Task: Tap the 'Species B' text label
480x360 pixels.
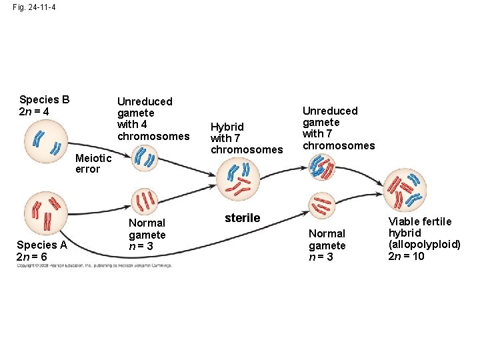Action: point(45,100)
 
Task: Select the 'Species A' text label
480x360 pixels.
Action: point(42,245)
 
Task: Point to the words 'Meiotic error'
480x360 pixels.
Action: point(93,163)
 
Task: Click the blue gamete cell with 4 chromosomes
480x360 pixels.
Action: point(144,159)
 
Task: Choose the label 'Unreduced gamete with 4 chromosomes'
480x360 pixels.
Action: point(153,119)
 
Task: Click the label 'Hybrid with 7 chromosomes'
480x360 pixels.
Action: point(246,138)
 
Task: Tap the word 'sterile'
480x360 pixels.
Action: point(242,218)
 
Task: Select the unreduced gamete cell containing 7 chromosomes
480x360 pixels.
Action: point(323,165)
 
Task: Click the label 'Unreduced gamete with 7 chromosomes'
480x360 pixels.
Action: point(339,128)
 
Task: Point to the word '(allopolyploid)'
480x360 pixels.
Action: point(424,245)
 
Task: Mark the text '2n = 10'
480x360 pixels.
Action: point(406,256)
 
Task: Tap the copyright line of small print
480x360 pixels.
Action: point(93,265)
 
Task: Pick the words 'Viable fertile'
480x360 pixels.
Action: point(420,221)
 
